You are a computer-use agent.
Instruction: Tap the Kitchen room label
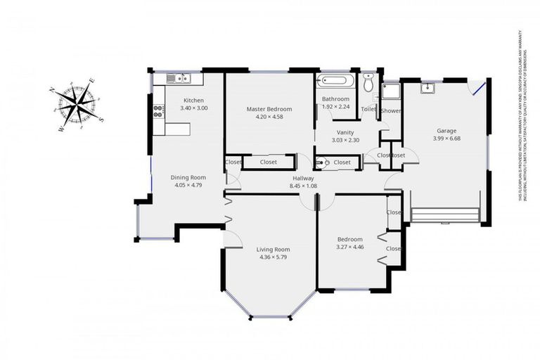[x=193, y=100]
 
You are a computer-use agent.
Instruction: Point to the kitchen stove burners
[x=158, y=110]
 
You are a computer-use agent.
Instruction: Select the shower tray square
[x=390, y=91]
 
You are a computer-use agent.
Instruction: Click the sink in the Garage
[x=427, y=88]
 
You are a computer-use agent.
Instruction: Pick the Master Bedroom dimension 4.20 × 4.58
[x=269, y=117]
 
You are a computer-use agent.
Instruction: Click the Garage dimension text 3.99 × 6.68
[x=446, y=139]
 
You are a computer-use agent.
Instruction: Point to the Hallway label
[x=303, y=179]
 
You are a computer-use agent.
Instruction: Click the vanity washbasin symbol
[x=322, y=162]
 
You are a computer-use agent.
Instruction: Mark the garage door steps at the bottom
[x=444, y=214]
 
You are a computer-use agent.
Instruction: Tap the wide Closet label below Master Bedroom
[x=268, y=162]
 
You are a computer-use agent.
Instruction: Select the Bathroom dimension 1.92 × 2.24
[x=335, y=108]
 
